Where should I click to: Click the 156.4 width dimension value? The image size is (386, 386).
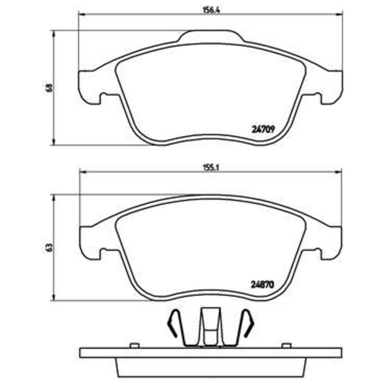pyautogui.click(x=211, y=10)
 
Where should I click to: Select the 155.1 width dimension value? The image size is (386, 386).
pyautogui.click(x=211, y=168)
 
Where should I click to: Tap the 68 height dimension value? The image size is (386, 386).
pyautogui.click(x=50, y=88)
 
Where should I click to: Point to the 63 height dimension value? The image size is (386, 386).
pyautogui.click(x=50, y=247)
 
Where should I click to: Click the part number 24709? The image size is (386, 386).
pyautogui.click(x=263, y=129)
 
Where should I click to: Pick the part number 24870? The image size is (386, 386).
pyautogui.click(x=262, y=285)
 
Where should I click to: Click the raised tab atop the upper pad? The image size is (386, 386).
pyautogui.click(x=211, y=36)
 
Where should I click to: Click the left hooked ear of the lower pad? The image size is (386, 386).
pyautogui.click(x=90, y=243)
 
